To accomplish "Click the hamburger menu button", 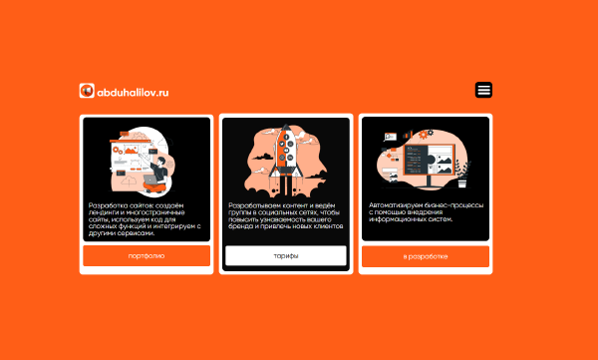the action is (x=483, y=90).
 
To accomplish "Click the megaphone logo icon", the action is (x=87, y=91).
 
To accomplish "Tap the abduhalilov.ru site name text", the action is (x=133, y=93).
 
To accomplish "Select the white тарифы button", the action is (x=286, y=255).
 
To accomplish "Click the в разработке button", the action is (x=426, y=256).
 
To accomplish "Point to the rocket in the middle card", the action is (x=286, y=153).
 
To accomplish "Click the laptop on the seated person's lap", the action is (x=150, y=180).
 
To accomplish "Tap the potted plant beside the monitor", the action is (x=462, y=175).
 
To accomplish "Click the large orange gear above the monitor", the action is (x=423, y=135).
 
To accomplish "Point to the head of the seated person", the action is (x=160, y=161).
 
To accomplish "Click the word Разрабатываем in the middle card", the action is (x=250, y=205).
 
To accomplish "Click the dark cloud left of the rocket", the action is (x=262, y=157).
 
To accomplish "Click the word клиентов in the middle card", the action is (x=329, y=226).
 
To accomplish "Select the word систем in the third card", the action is (x=442, y=219).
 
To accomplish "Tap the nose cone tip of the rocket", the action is (x=286, y=125).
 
